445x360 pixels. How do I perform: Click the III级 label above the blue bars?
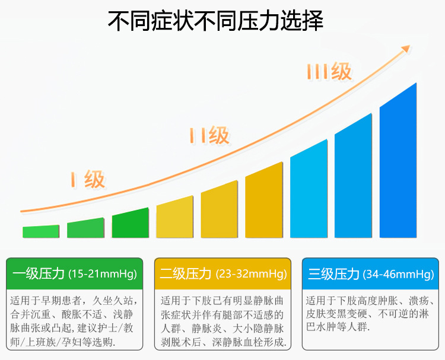coord(329,72)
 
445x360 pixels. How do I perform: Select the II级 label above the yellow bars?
coord(209,135)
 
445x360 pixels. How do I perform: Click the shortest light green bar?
coord(41,231)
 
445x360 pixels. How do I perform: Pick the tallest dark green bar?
coord(130,224)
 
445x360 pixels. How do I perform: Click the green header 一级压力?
coord(38,274)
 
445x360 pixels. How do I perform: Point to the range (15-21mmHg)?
coord(102,275)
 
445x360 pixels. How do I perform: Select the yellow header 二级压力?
coord(186,274)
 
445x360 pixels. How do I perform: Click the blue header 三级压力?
coord(333,274)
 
